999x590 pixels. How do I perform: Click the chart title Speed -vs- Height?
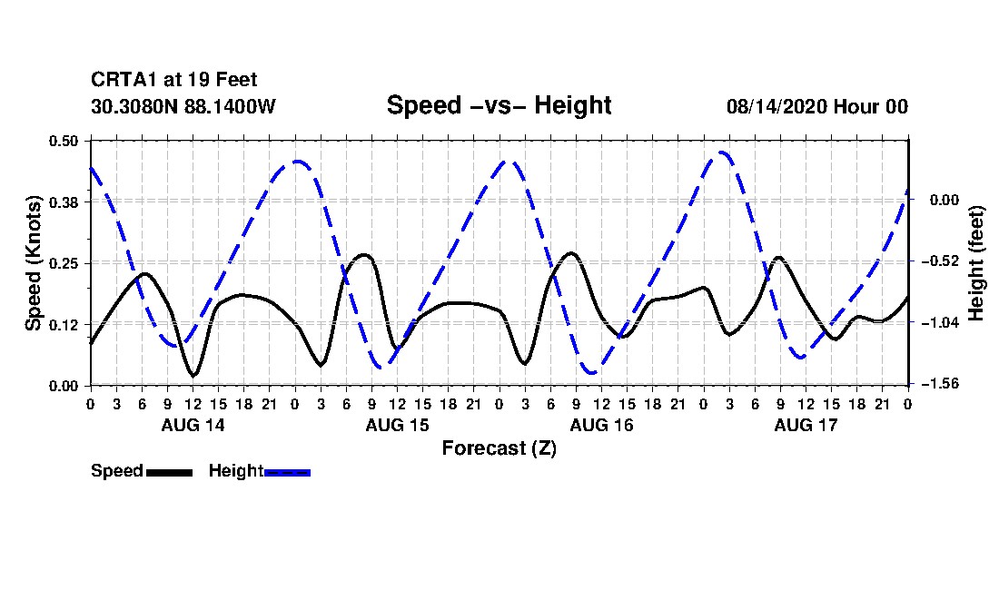(499, 105)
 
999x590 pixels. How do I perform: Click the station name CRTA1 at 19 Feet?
(174, 80)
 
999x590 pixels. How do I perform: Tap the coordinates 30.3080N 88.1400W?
(183, 106)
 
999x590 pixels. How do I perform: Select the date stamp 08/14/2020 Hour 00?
(817, 106)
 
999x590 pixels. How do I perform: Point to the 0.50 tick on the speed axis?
(64, 141)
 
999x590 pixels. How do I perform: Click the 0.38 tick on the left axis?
(64, 202)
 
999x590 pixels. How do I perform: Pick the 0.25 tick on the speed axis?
(64, 263)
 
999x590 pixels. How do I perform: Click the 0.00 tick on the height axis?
(945, 200)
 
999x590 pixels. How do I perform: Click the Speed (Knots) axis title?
(33, 263)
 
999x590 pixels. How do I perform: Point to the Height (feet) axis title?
(976, 263)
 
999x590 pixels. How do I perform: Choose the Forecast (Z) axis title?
(499, 448)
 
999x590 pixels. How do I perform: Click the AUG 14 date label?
(193, 425)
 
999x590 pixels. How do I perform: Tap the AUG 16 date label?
(601, 425)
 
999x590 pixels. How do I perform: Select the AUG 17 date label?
(806, 425)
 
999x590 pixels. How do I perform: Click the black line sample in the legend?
(170, 472)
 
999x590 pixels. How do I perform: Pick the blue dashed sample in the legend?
(287, 472)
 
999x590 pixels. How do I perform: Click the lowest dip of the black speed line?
(193, 375)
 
